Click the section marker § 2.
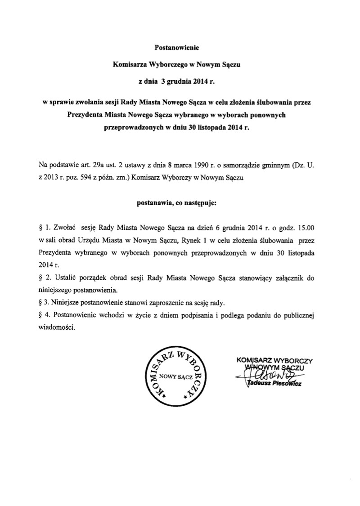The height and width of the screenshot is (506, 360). [44, 278]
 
